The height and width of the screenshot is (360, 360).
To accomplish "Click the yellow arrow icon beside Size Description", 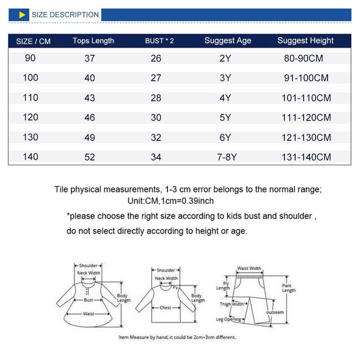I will [x=22, y=15].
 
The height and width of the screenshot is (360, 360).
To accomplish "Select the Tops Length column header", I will [x=93, y=41].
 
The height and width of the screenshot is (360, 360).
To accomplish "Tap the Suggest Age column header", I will [x=228, y=41].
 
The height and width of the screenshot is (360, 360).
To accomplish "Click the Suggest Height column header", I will [x=305, y=41].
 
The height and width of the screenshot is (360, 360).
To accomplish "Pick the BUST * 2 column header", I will [x=159, y=41].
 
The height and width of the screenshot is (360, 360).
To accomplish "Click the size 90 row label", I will [x=30, y=58].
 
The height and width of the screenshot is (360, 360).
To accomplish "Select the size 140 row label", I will [x=30, y=157].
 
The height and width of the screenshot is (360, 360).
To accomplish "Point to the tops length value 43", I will [x=90, y=98].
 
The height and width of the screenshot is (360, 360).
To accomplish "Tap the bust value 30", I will [x=156, y=118].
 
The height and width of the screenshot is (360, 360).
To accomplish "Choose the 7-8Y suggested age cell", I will [x=227, y=157].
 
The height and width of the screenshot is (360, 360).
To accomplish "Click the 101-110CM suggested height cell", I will [x=306, y=98].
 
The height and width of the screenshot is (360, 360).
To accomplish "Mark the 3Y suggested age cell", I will [x=225, y=78].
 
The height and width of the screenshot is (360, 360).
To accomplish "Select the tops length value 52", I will [x=90, y=157].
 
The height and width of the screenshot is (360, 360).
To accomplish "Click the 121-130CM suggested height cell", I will [x=306, y=138].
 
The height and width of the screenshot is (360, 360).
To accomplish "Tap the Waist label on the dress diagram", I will [x=88, y=314].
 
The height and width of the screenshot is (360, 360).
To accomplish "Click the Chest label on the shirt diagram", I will [x=165, y=308].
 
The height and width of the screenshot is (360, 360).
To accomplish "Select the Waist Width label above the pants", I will [x=249, y=268].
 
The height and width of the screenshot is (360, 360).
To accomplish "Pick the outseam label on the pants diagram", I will [x=275, y=312].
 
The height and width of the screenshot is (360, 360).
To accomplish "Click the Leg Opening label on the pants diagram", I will [x=228, y=319].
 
